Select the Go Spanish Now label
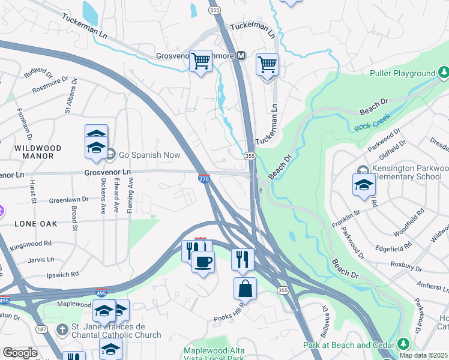(x=149, y=155)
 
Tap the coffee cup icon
(x=203, y=262)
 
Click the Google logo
(x=20, y=352)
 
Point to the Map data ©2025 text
(x=423, y=355)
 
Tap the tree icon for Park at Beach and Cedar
(x=403, y=344)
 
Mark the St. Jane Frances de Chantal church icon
(x=62, y=329)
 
